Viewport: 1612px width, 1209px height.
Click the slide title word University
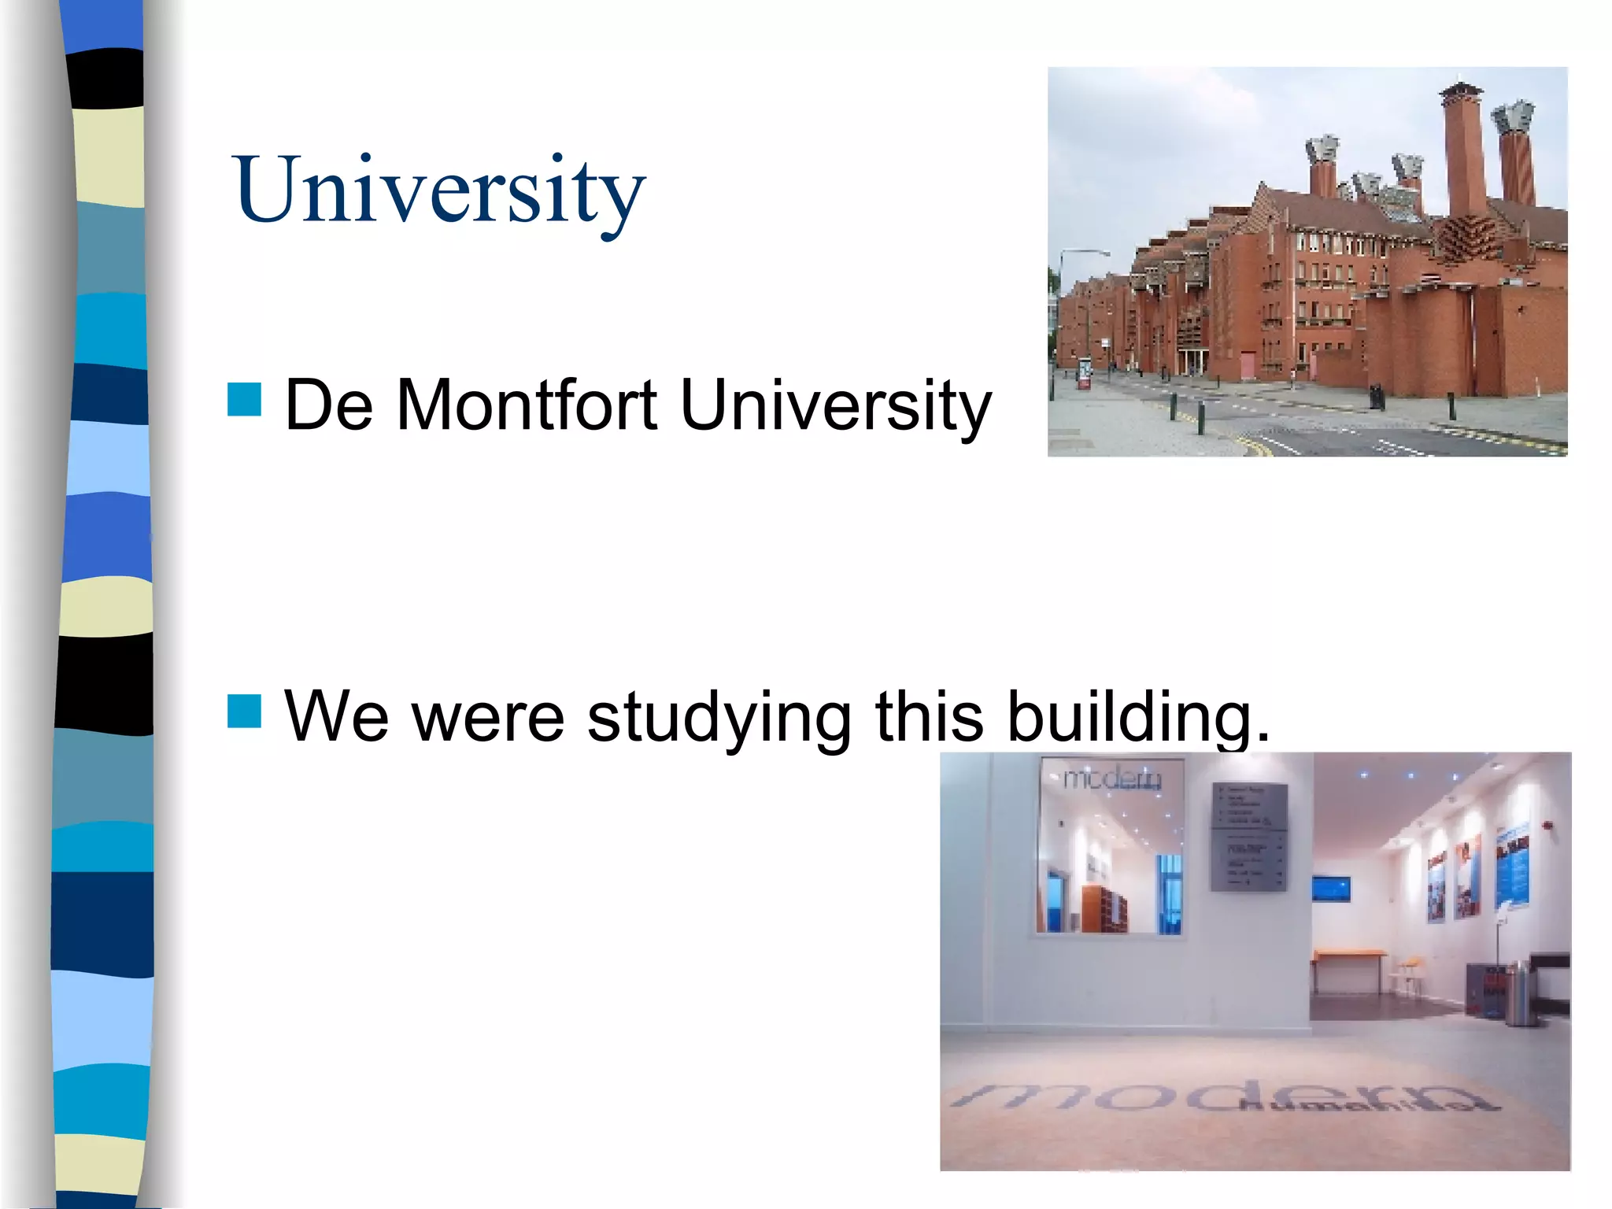click(x=438, y=191)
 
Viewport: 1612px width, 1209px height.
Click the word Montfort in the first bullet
click(x=526, y=405)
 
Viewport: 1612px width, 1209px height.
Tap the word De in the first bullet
click(x=328, y=405)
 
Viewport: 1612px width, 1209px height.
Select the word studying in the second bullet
click(x=719, y=716)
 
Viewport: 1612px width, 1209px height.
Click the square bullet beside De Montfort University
click(x=244, y=399)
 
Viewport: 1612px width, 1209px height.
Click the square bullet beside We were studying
click(x=244, y=711)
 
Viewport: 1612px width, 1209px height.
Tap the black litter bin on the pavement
click(x=1376, y=396)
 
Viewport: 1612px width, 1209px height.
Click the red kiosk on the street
click(x=1085, y=374)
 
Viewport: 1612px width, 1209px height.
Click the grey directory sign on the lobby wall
click(x=1248, y=837)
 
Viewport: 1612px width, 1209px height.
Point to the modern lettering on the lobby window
click(x=1111, y=778)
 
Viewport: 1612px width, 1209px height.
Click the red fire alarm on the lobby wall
click(x=1547, y=826)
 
